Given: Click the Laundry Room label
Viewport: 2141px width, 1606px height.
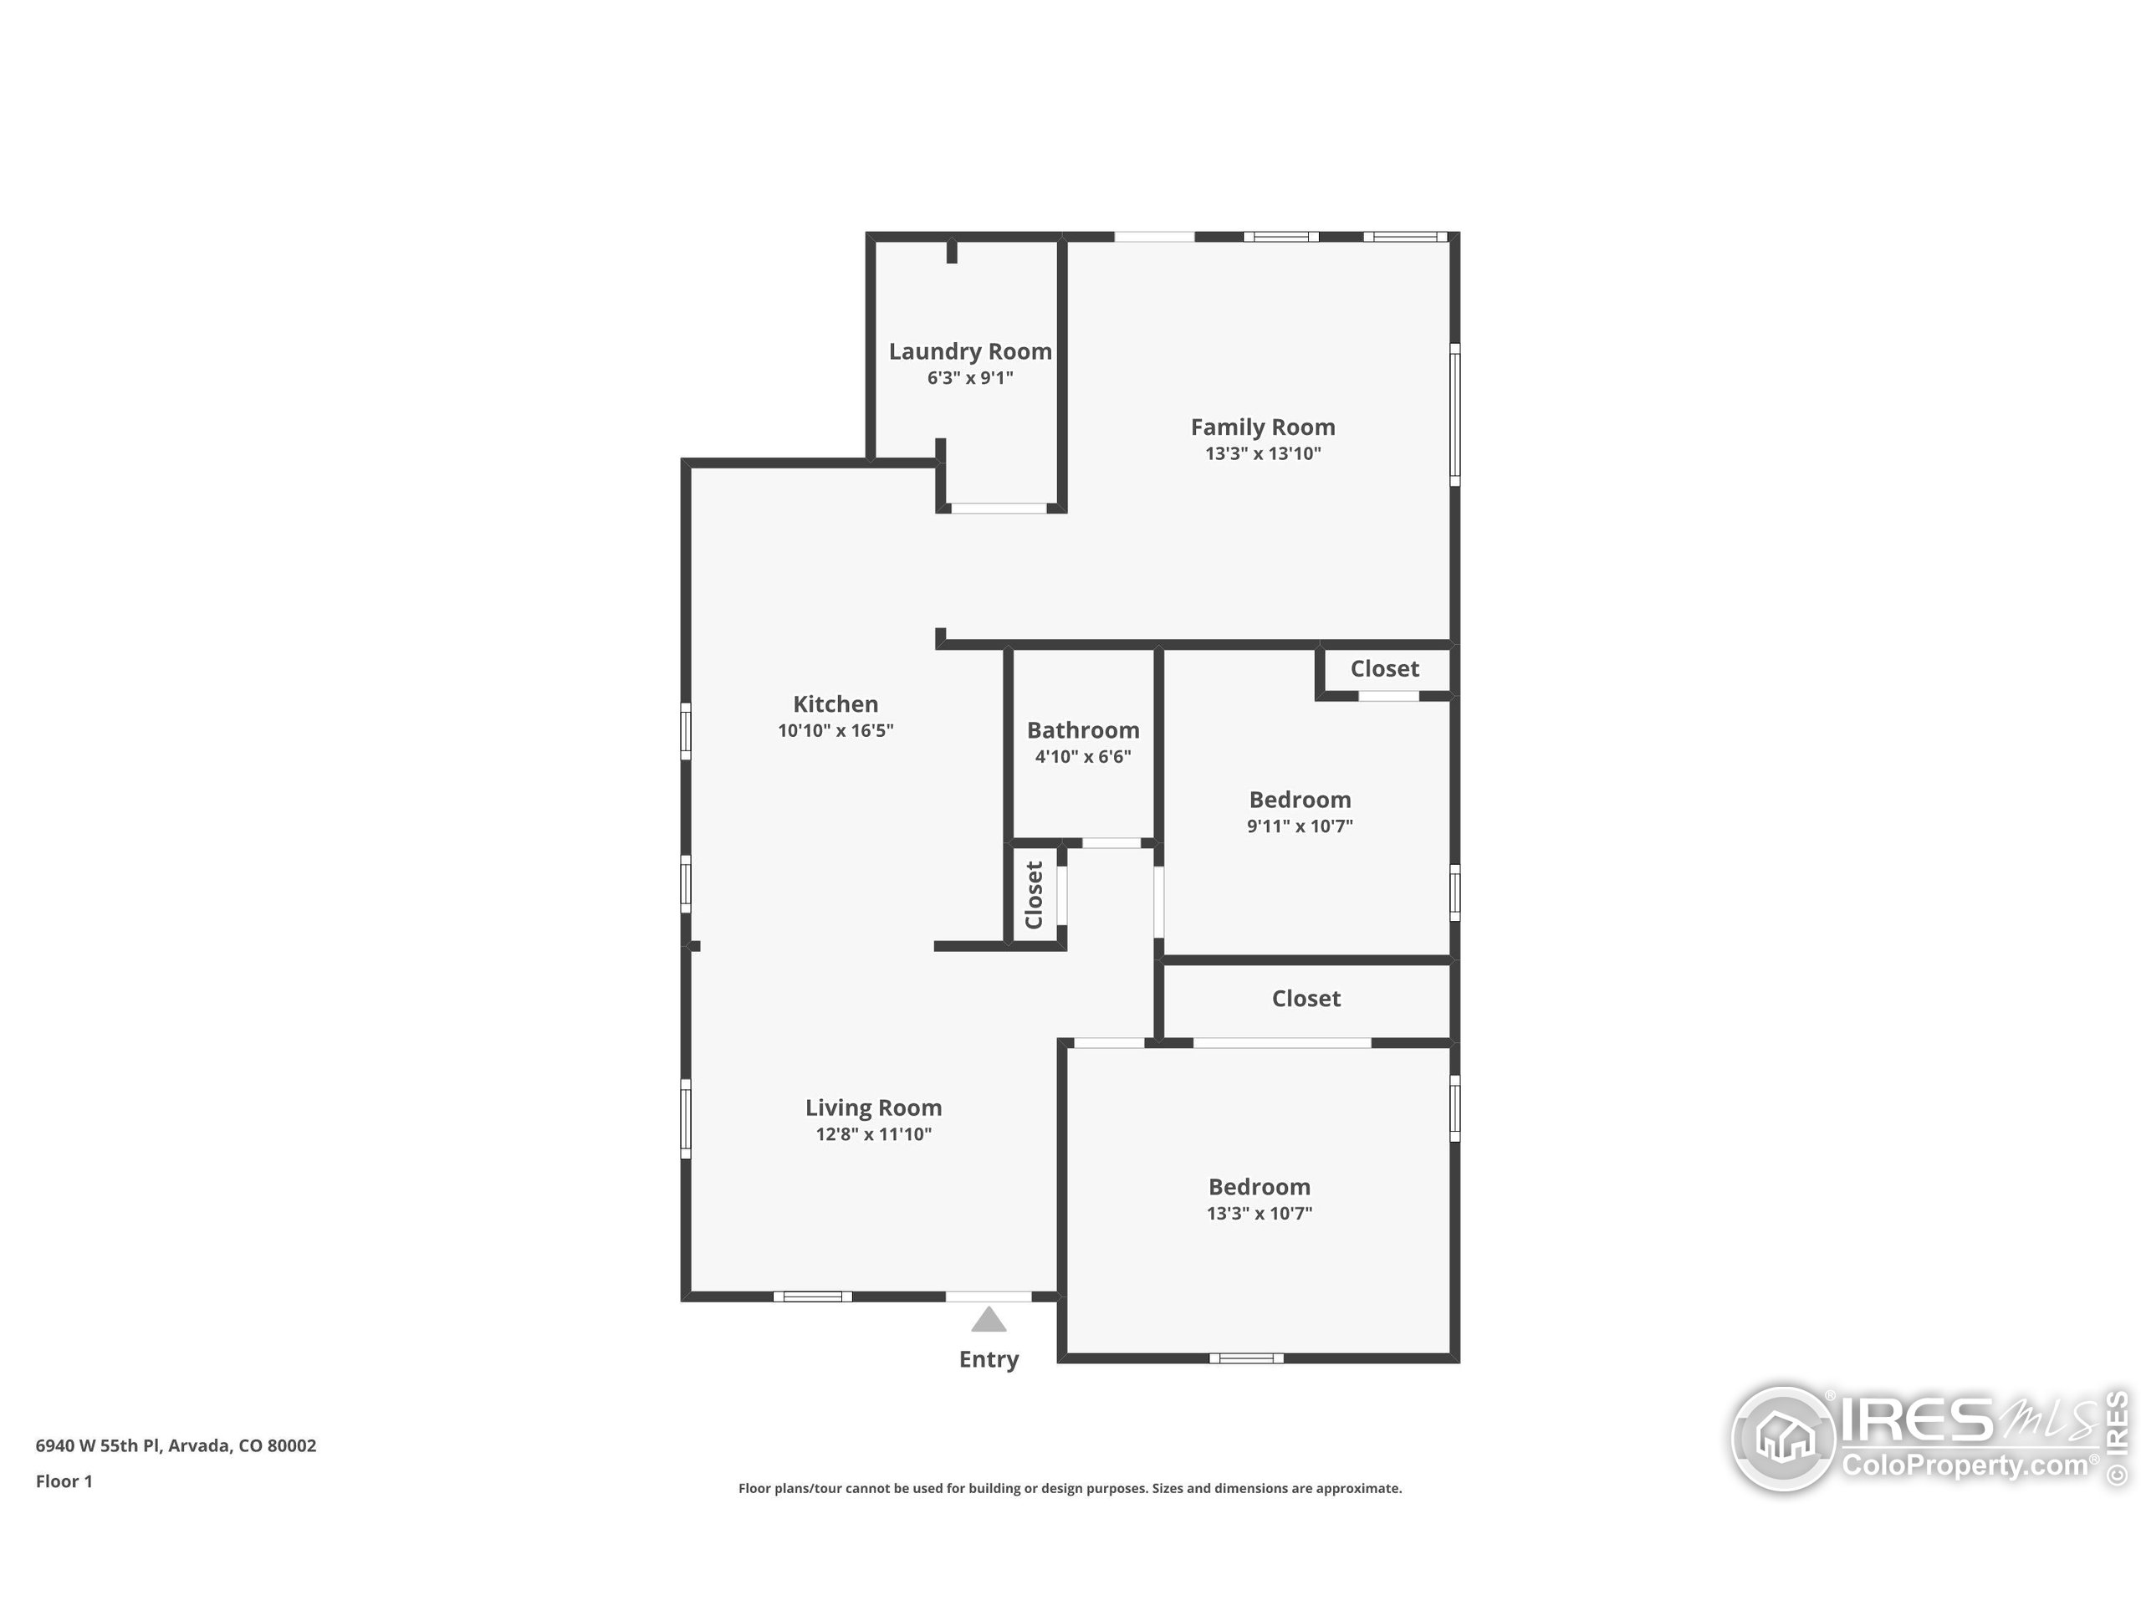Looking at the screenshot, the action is [970, 352].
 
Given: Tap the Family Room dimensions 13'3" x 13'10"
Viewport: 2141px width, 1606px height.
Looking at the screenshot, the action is [1263, 453].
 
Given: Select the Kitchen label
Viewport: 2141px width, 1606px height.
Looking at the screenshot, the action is [835, 703].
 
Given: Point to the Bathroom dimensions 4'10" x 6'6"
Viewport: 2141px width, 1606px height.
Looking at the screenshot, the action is [1083, 756].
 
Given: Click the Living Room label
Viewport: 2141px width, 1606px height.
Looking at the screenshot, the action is [873, 1107].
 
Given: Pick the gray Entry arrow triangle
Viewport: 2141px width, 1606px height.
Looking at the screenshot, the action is [989, 1319].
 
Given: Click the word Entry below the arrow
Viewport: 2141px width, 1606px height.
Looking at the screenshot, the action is [989, 1359].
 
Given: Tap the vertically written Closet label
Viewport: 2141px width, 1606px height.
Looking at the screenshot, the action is [1034, 894].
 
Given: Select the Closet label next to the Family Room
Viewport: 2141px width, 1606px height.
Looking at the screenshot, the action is [1384, 669].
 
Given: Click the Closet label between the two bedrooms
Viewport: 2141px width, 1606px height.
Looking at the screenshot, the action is [1306, 998].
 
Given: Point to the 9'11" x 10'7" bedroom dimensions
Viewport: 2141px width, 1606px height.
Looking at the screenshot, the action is [1300, 826].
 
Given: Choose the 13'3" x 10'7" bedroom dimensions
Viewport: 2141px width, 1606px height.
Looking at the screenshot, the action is [1260, 1213].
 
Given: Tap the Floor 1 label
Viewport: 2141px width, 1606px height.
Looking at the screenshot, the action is [64, 1481].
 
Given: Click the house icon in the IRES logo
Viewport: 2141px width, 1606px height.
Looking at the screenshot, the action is [1783, 1439].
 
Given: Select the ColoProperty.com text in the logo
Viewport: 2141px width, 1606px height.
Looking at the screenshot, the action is [1965, 1465].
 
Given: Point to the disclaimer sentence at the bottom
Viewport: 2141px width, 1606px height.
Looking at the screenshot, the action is [1070, 1488].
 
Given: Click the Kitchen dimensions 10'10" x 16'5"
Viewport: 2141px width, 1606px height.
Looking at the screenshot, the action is [835, 730].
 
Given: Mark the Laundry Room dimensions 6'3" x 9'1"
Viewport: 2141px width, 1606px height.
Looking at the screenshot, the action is [970, 377].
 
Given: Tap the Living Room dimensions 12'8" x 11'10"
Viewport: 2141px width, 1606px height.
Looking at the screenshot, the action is [873, 1133].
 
